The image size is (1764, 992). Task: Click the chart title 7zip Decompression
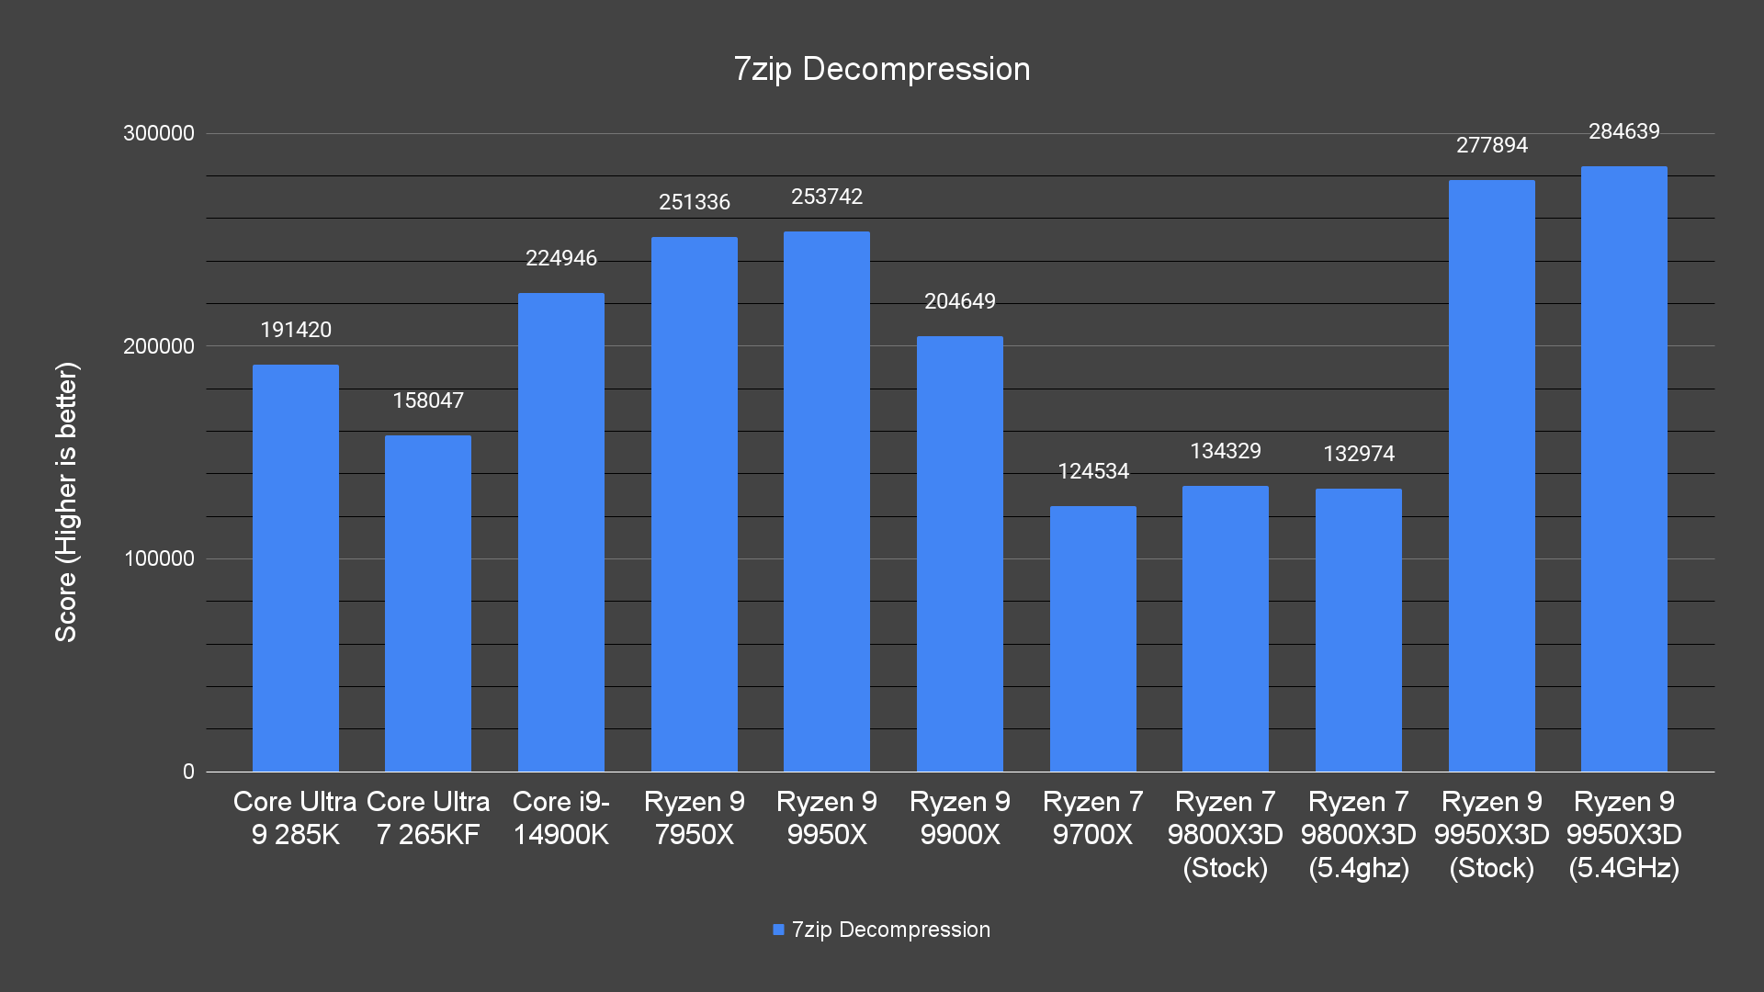tap(881, 70)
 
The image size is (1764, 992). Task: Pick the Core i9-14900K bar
tap(560, 533)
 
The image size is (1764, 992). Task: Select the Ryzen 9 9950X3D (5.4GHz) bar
tap(1623, 468)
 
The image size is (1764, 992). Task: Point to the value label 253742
tap(826, 197)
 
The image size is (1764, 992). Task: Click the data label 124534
tap(1092, 471)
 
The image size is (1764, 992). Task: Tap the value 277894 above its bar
tap(1491, 145)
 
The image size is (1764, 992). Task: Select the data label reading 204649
tap(959, 301)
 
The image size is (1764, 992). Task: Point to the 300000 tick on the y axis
tap(159, 133)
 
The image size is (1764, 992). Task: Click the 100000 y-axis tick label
tap(159, 558)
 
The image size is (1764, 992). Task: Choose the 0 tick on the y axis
tap(188, 772)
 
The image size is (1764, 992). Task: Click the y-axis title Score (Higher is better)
tap(66, 502)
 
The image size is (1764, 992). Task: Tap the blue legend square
tap(778, 930)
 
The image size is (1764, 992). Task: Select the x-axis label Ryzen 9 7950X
tap(694, 817)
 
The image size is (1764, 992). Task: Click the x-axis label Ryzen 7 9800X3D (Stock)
tap(1225, 834)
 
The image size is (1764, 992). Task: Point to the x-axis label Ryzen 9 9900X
tap(959, 817)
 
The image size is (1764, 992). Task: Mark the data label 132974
tap(1358, 454)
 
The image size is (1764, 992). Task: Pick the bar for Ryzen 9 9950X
tap(826, 502)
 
